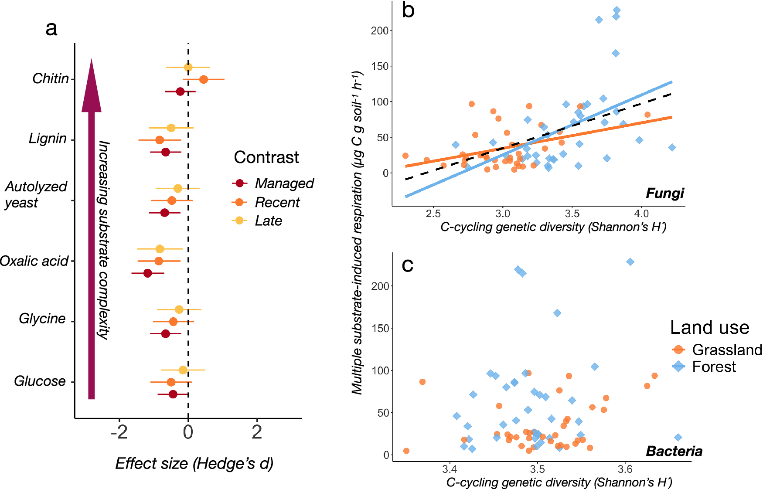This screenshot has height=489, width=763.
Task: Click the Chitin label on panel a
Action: coord(51,79)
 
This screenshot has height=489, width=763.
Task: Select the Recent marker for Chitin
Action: coord(203,79)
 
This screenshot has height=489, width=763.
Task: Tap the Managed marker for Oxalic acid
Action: coord(147,273)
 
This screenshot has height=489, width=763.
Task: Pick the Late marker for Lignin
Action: coord(171,128)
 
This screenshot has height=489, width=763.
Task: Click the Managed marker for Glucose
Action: coord(173,394)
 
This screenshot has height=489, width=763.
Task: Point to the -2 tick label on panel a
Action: coord(119,432)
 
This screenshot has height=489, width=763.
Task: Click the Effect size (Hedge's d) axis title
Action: coord(194,464)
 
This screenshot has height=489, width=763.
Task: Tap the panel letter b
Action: coord(408,10)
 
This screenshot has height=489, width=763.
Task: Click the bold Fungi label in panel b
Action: coord(664,193)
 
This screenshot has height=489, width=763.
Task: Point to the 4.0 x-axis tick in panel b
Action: coord(641,214)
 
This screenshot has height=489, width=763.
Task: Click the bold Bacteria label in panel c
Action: coord(674,451)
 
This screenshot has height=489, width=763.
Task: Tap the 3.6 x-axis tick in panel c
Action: coord(625,469)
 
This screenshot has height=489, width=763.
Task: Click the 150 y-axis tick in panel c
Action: coord(380,328)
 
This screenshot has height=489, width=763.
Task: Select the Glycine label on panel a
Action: coord(42,319)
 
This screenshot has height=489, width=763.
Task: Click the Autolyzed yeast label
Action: coord(35,194)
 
